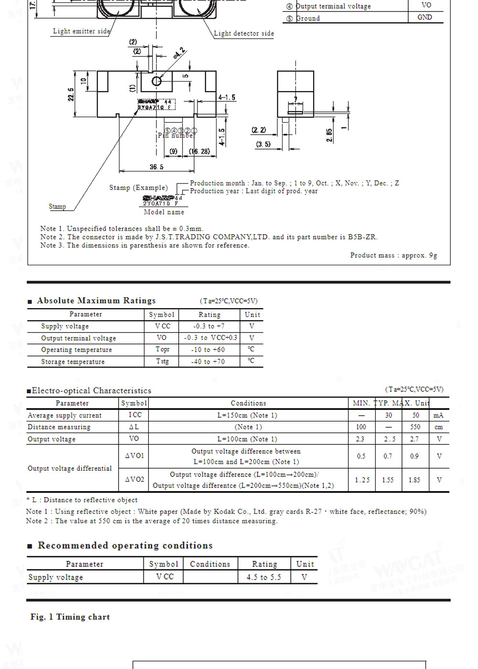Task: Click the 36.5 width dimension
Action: (156, 167)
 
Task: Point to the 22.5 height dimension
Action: (71, 94)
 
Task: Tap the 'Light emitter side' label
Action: (81, 31)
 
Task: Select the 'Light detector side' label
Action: (244, 33)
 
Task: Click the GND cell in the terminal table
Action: (424, 17)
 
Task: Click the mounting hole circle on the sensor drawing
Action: (156, 81)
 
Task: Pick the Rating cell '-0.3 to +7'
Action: (209, 326)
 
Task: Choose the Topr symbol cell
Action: (163, 349)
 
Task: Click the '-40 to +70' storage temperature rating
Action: (208, 361)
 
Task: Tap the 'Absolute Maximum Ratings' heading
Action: (96, 301)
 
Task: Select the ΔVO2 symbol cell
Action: (134, 479)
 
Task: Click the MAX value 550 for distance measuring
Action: (415, 427)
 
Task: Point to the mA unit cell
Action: (438, 415)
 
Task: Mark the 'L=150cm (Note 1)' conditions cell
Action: (247, 415)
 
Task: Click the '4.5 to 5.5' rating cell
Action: (264, 577)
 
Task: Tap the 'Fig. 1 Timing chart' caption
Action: (70, 617)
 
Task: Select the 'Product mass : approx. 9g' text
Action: (393, 255)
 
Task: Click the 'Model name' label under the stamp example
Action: (164, 212)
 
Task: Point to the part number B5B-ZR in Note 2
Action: (362, 237)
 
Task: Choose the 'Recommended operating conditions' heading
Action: (125, 545)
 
